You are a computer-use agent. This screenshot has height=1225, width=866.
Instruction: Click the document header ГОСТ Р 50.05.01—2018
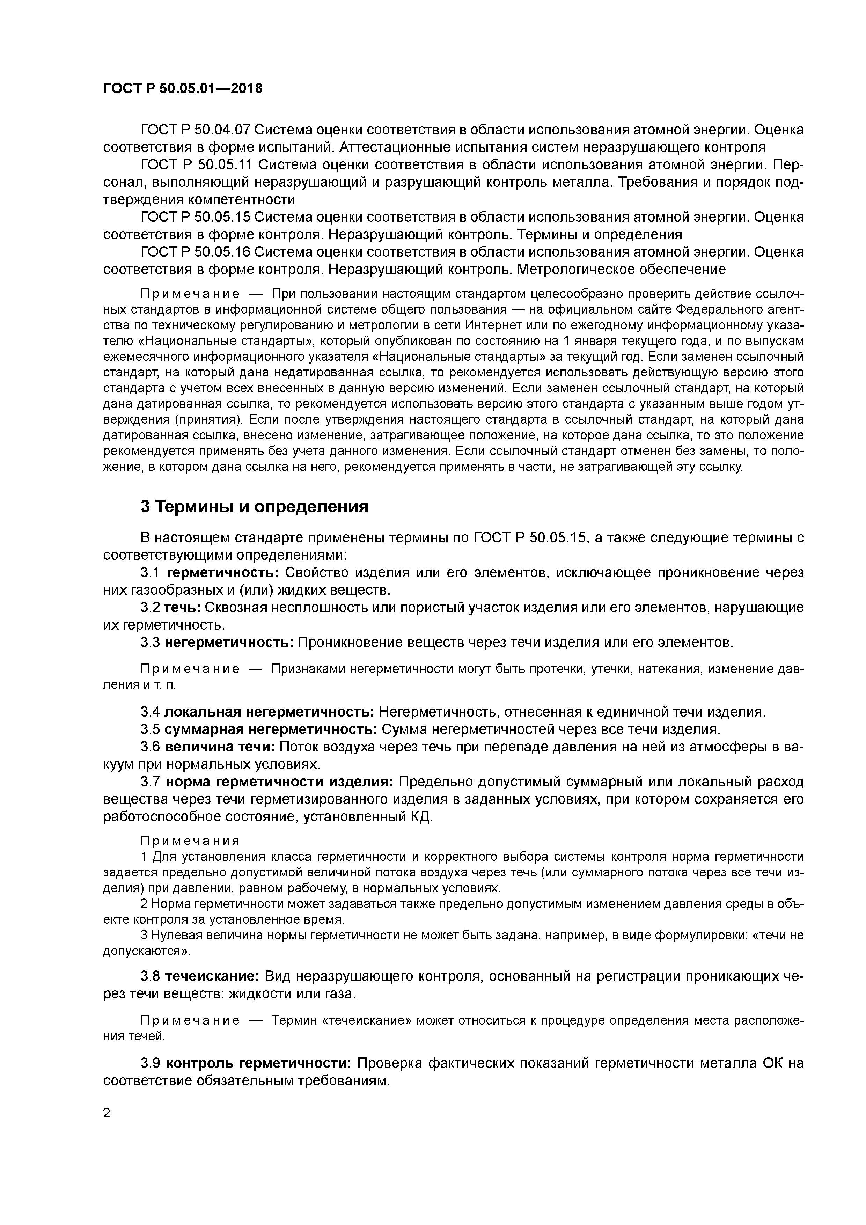click(x=183, y=89)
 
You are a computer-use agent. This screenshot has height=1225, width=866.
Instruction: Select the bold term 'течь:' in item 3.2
click(x=182, y=608)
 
